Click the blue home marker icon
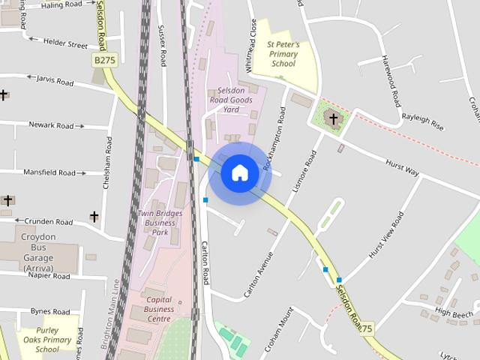click(x=239, y=173)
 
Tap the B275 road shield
click(x=105, y=58)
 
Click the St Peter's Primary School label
click(x=283, y=55)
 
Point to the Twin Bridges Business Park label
click(x=160, y=223)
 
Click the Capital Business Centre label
click(x=159, y=309)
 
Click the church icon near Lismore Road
click(x=334, y=118)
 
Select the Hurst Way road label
click(x=402, y=167)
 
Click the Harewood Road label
click(x=392, y=80)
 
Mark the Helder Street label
click(x=65, y=44)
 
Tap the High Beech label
click(x=454, y=313)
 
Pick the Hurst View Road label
click(x=386, y=236)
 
